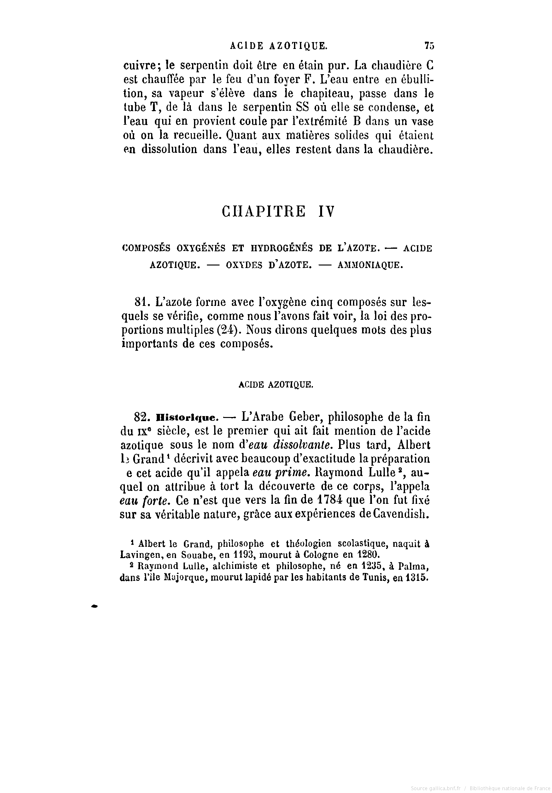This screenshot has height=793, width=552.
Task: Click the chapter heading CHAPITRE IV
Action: point(278,212)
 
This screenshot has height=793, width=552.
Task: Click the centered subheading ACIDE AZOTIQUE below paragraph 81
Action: point(276,385)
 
